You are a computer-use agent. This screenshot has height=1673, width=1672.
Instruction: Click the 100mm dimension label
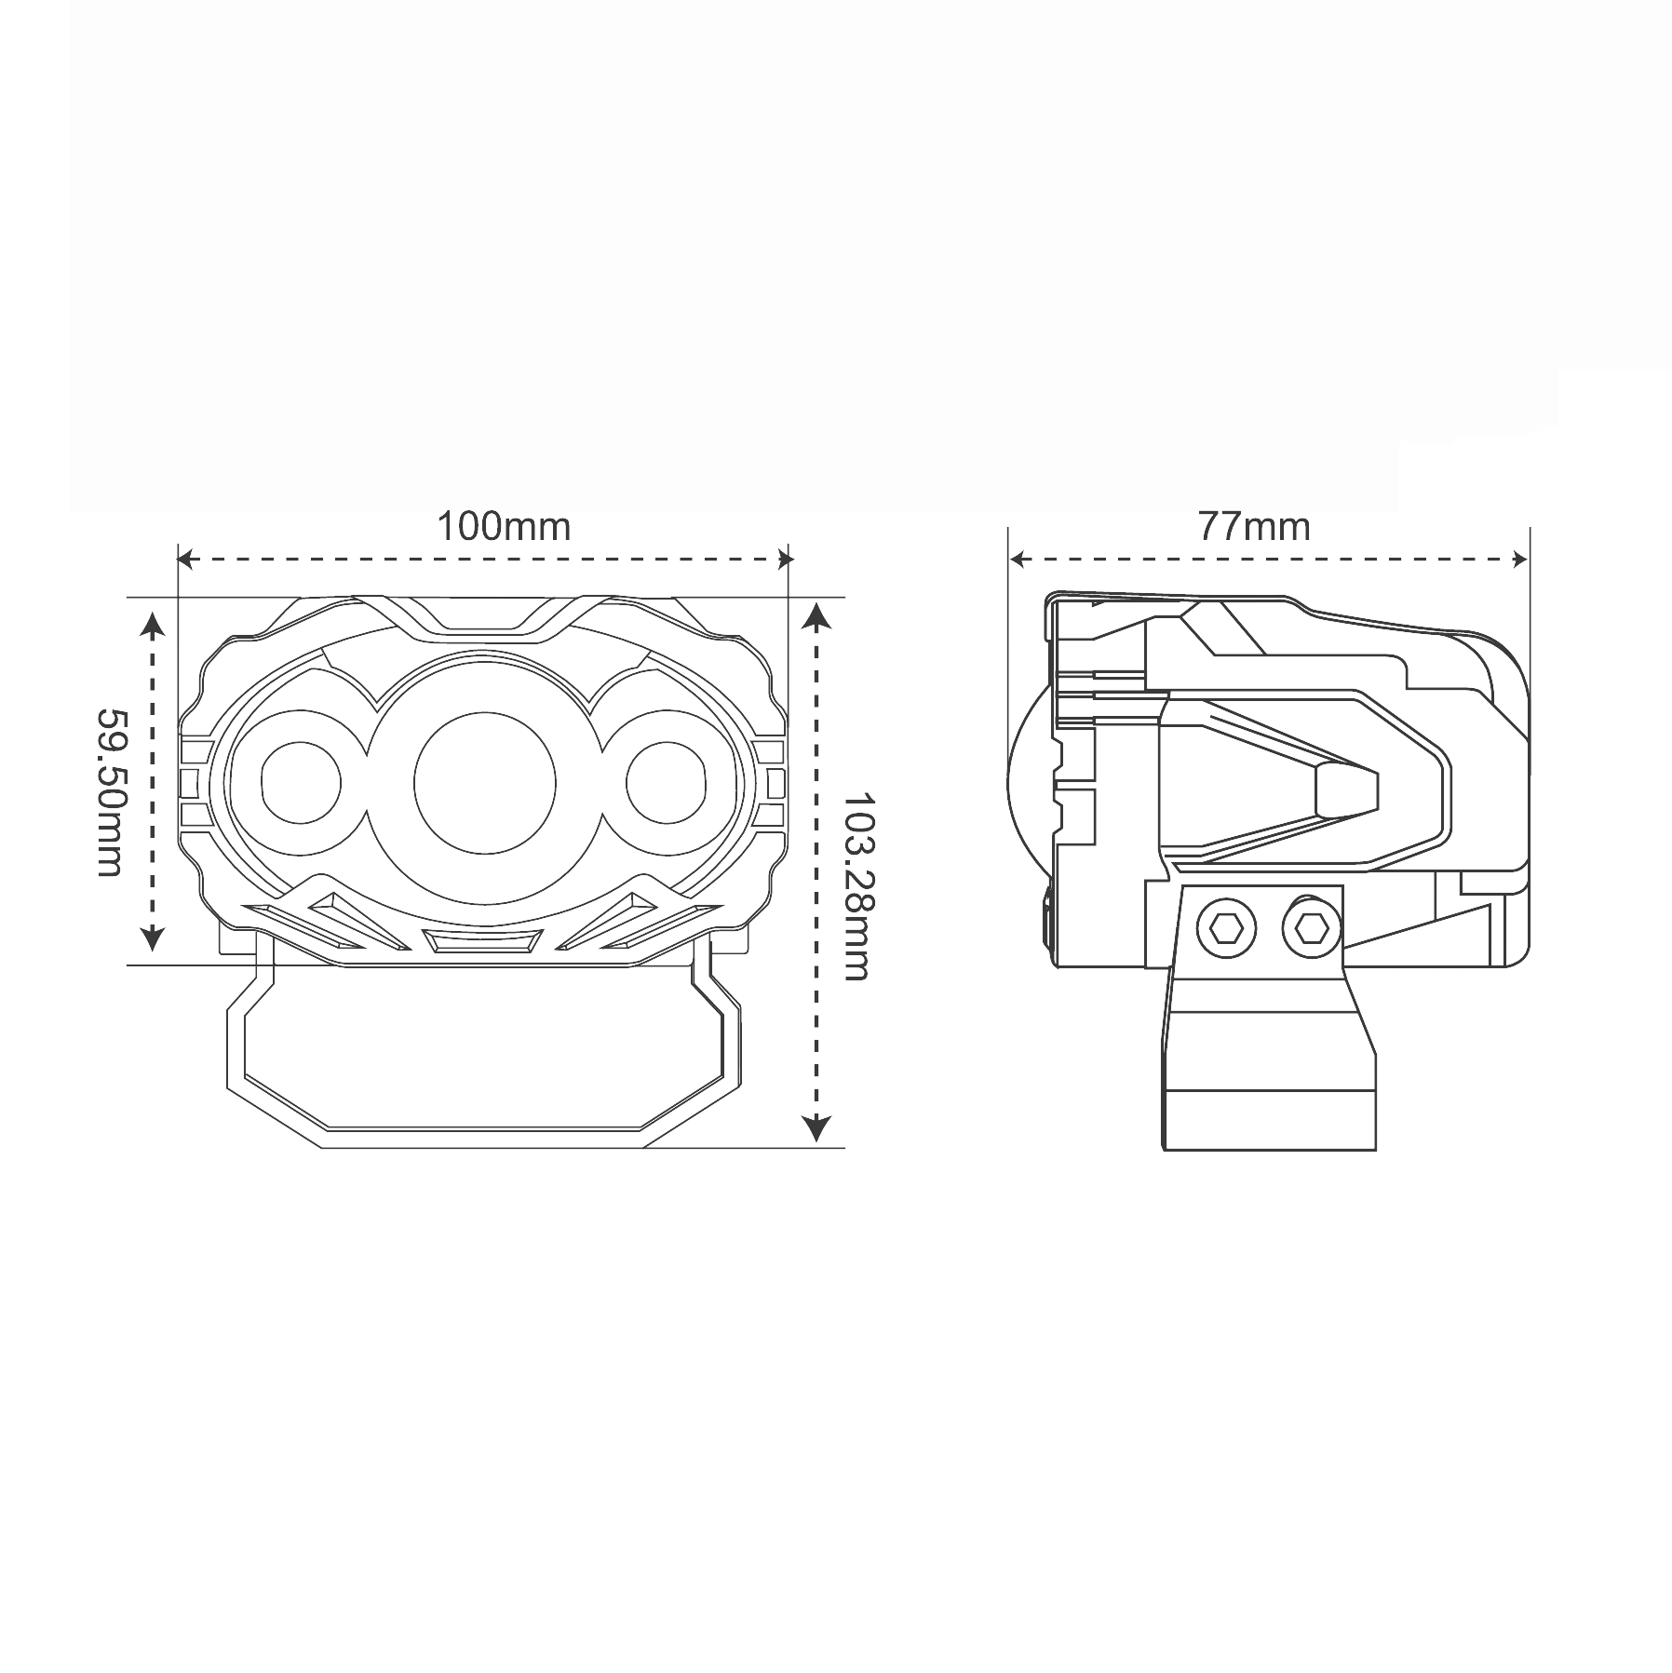click(x=504, y=527)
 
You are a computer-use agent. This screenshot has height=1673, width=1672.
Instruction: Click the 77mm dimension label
click(x=1254, y=527)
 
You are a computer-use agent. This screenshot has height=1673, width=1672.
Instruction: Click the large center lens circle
click(x=485, y=783)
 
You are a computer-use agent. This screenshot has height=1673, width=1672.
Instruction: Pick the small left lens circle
click(x=301, y=783)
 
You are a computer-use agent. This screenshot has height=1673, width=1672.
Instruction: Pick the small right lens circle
click(x=667, y=783)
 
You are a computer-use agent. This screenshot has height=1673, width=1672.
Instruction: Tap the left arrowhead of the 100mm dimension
click(x=185, y=560)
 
